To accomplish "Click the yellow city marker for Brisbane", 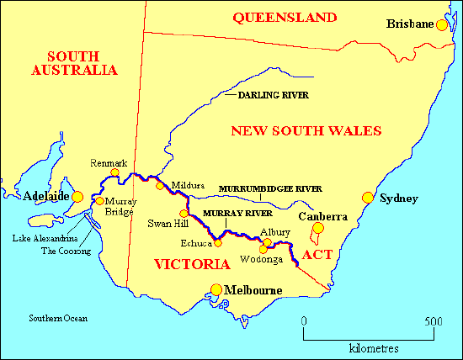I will (x=442, y=25).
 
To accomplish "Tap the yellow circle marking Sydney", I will (x=368, y=198).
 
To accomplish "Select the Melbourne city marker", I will (x=216, y=290).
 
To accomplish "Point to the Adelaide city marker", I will (x=77, y=197).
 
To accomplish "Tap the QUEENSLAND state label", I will (x=285, y=17).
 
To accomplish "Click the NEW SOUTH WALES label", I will (x=306, y=130).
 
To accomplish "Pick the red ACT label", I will (x=317, y=254).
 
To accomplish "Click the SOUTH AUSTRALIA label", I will (x=74, y=61).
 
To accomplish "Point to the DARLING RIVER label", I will (x=274, y=96).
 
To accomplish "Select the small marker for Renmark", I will (x=115, y=173).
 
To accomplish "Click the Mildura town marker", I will (x=160, y=185).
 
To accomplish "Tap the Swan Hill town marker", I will (x=184, y=213).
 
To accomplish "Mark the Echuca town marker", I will (x=217, y=244).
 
